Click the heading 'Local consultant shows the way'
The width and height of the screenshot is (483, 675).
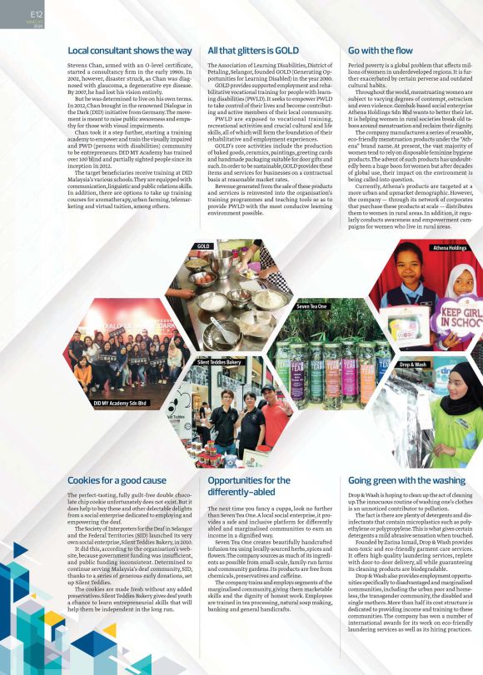(x=126, y=52)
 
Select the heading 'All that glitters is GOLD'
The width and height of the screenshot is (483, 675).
(x=252, y=52)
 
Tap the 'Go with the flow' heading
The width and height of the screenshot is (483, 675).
(x=380, y=52)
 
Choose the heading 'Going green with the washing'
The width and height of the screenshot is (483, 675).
(x=406, y=480)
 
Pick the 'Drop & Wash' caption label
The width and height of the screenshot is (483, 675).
(x=413, y=365)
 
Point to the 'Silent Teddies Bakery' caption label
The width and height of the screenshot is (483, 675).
(x=220, y=363)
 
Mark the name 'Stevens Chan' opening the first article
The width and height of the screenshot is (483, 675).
(x=87, y=64)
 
